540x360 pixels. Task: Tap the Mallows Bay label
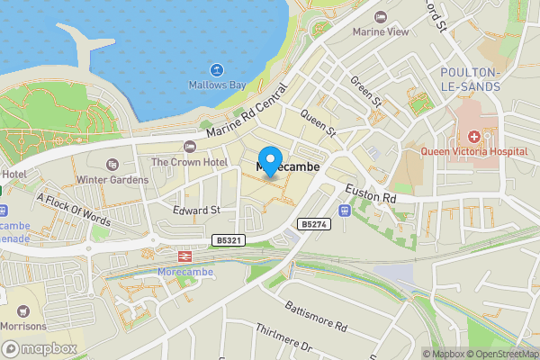tap(217, 86)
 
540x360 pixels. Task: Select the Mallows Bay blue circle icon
tap(217, 69)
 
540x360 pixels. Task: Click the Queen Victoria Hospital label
tap(474, 152)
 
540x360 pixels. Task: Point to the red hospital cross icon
tap(474, 136)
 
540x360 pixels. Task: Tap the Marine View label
tap(381, 32)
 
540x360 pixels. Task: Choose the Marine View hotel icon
tap(381, 17)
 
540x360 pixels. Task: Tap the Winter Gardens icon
tap(112, 164)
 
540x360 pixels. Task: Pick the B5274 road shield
tap(312, 223)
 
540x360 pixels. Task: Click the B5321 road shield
tap(229, 240)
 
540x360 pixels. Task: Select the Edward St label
tap(196, 210)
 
